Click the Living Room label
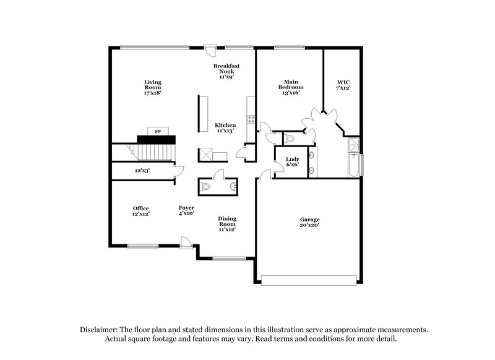coord(152,87)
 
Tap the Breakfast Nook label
coord(226,71)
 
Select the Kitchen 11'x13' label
coord(225,128)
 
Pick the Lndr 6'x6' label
coord(292,162)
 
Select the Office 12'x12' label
coord(140,211)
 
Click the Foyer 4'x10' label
coord(186,211)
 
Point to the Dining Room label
coord(226,224)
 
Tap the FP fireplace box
coord(158,131)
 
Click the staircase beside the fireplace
coord(156,150)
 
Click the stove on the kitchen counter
coord(250,118)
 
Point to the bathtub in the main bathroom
coord(354,165)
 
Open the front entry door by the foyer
coord(186,242)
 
